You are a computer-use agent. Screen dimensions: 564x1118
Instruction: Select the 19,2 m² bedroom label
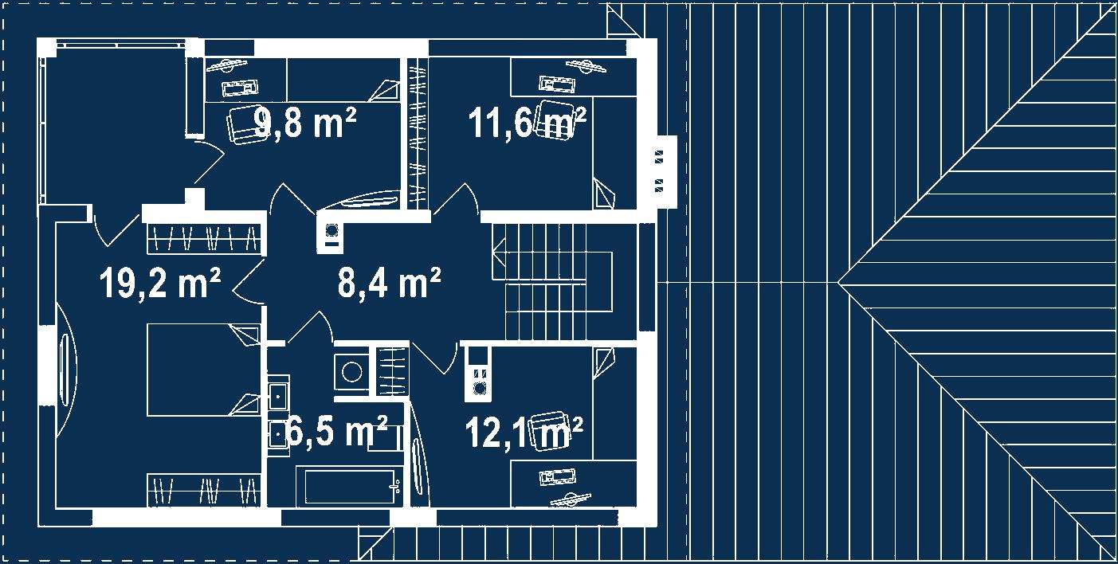160,283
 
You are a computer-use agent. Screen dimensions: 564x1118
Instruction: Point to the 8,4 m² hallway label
390,283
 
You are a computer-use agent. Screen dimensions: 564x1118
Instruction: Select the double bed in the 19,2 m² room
203,370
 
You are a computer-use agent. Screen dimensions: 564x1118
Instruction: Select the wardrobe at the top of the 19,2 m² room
203,237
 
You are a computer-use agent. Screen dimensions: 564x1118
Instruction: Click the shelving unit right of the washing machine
390,371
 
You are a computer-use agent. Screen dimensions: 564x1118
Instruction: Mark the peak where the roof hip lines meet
838,282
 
